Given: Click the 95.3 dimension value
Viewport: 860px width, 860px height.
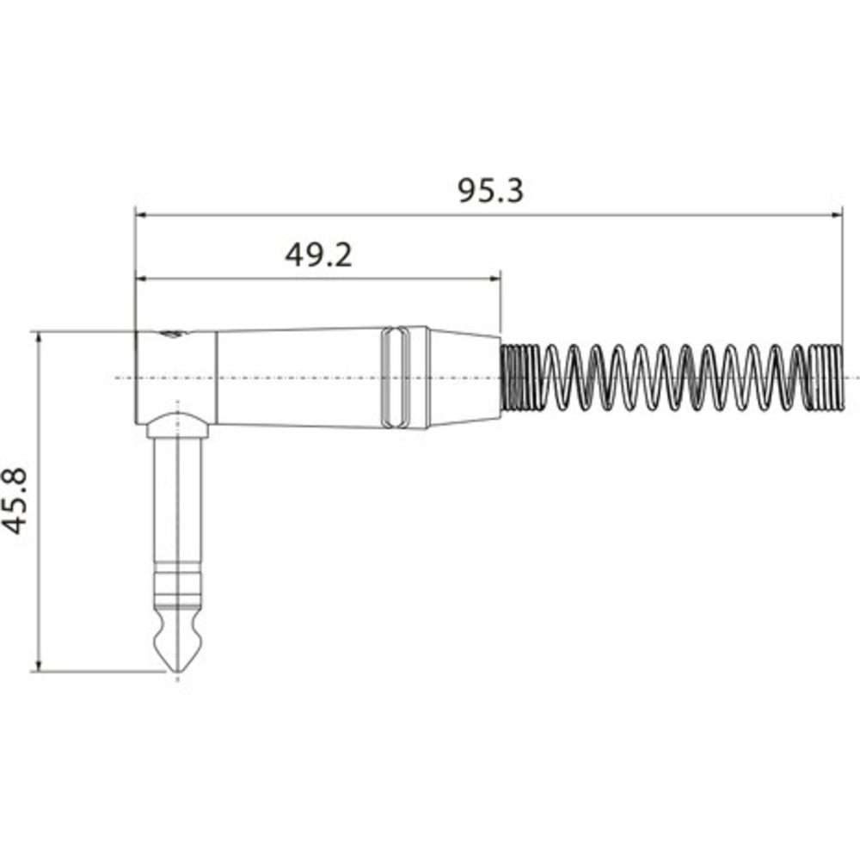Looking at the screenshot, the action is [490, 191].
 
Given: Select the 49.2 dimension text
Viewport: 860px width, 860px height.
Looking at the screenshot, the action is [318, 255].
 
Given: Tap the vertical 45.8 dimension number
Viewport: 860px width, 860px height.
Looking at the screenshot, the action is [15, 501].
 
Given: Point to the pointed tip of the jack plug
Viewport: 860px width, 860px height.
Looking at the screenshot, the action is [177, 673].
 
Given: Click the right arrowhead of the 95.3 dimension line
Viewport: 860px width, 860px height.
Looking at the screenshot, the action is [837, 214].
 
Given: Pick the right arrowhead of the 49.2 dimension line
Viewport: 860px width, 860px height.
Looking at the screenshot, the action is [494, 278].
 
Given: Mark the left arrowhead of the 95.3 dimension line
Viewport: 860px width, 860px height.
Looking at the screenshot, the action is [142, 214].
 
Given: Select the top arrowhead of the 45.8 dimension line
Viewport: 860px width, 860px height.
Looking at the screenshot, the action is [39, 338].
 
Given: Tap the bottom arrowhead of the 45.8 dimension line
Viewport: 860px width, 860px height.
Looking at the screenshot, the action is [39, 665].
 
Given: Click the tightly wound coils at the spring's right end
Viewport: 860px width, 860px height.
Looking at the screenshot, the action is [827, 378].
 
